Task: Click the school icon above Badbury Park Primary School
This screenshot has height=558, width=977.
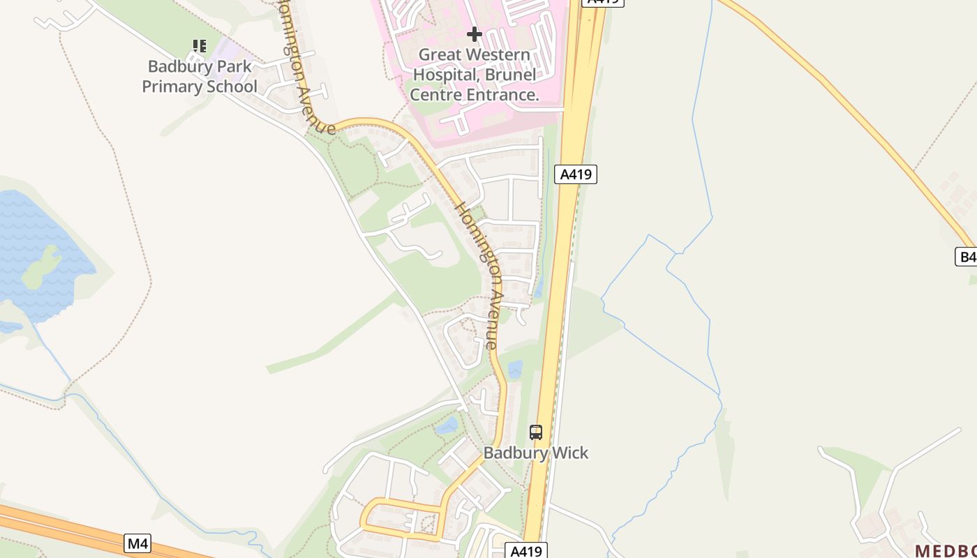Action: (200, 47)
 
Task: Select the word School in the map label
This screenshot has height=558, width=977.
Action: (232, 87)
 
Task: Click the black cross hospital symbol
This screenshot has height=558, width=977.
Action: (475, 33)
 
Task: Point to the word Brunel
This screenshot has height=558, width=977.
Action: (512, 75)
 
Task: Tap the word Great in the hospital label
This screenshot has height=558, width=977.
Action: (440, 54)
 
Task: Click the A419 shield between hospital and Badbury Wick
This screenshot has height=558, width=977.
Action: (576, 174)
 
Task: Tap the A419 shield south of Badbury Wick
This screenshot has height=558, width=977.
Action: (526, 551)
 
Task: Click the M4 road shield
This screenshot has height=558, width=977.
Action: (137, 543)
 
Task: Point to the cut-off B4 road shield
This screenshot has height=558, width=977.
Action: (967, 257)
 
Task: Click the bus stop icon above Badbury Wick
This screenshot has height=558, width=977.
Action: (535, 432)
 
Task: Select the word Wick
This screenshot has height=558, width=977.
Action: (570, 453)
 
